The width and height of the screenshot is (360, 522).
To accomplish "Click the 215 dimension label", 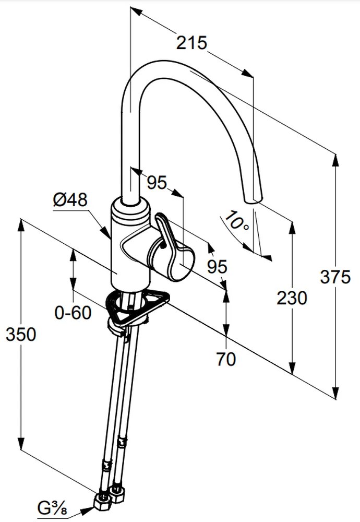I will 191,43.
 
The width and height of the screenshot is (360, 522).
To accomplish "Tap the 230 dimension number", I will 292,298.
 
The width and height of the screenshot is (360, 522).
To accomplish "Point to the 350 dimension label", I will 21,334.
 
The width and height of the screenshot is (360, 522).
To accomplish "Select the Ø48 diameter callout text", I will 70,200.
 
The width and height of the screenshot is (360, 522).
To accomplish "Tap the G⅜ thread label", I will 52,506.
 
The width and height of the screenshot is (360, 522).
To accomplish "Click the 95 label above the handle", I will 156,182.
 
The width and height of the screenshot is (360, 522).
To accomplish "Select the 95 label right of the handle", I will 217,266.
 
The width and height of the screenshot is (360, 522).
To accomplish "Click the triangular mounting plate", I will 136,308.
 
